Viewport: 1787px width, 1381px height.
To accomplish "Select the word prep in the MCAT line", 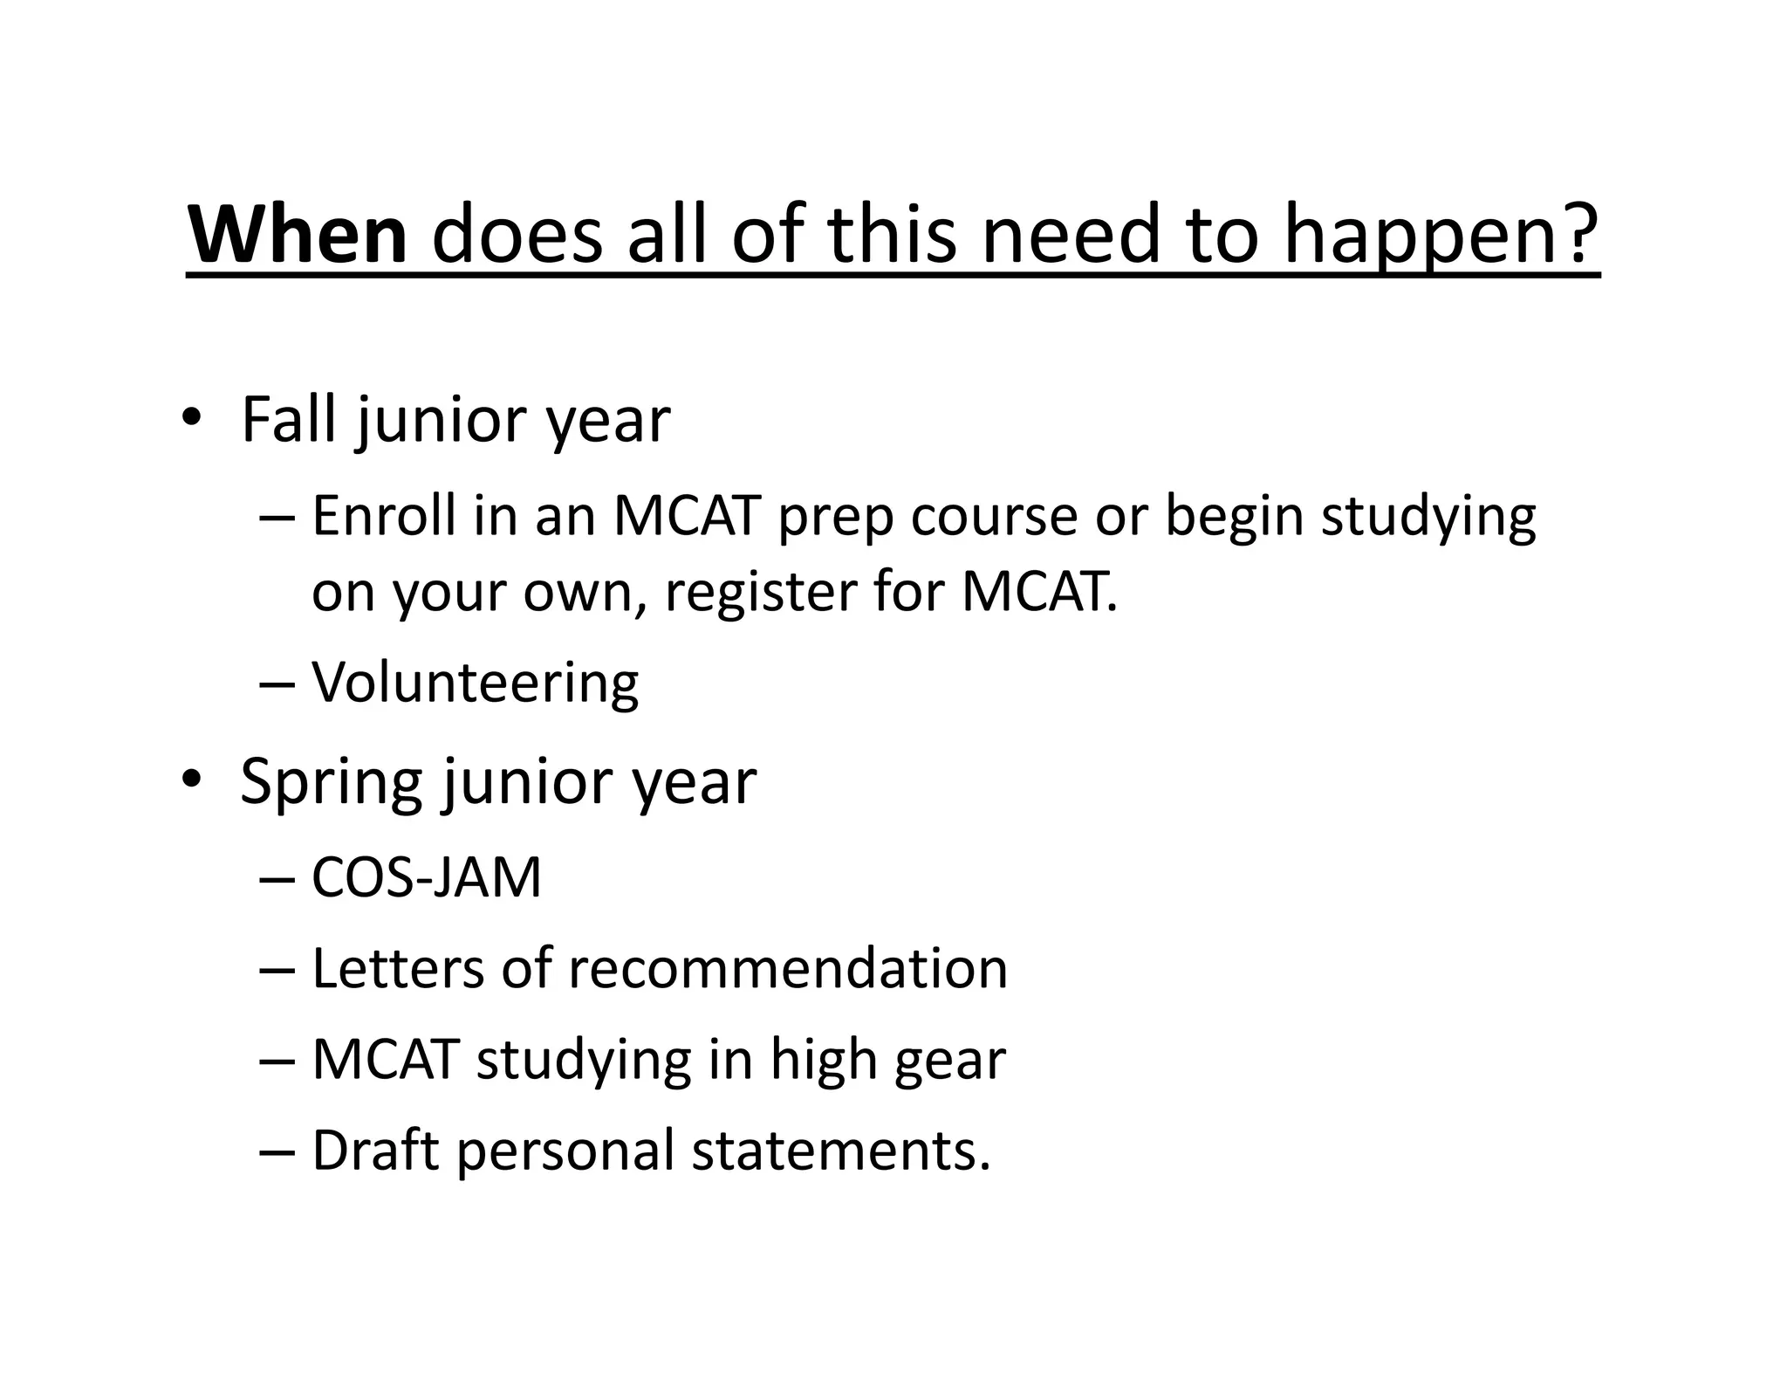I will (x=835, y=519).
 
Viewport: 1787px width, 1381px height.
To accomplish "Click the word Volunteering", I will (x=476, y=683).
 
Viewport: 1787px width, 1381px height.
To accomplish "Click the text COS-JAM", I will (x=427, y=877).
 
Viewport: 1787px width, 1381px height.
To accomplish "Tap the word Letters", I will (x=397, y=968).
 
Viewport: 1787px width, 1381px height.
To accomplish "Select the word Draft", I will (x=375, y=1150).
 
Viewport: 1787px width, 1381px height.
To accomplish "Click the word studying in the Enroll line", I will (x=1428, y=519).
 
